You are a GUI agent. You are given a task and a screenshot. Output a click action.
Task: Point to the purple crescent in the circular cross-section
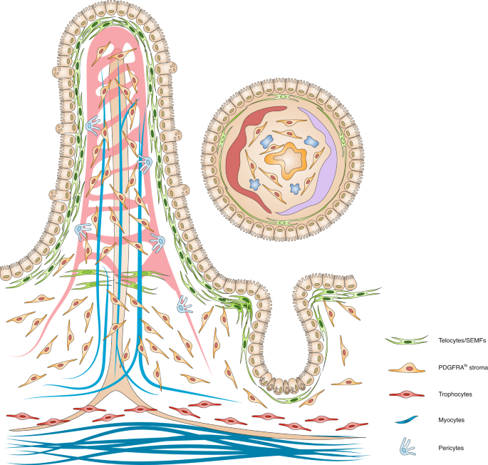click(x=317, y=164)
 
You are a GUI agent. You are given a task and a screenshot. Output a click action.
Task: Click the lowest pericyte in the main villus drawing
click(x=186, y=305)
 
